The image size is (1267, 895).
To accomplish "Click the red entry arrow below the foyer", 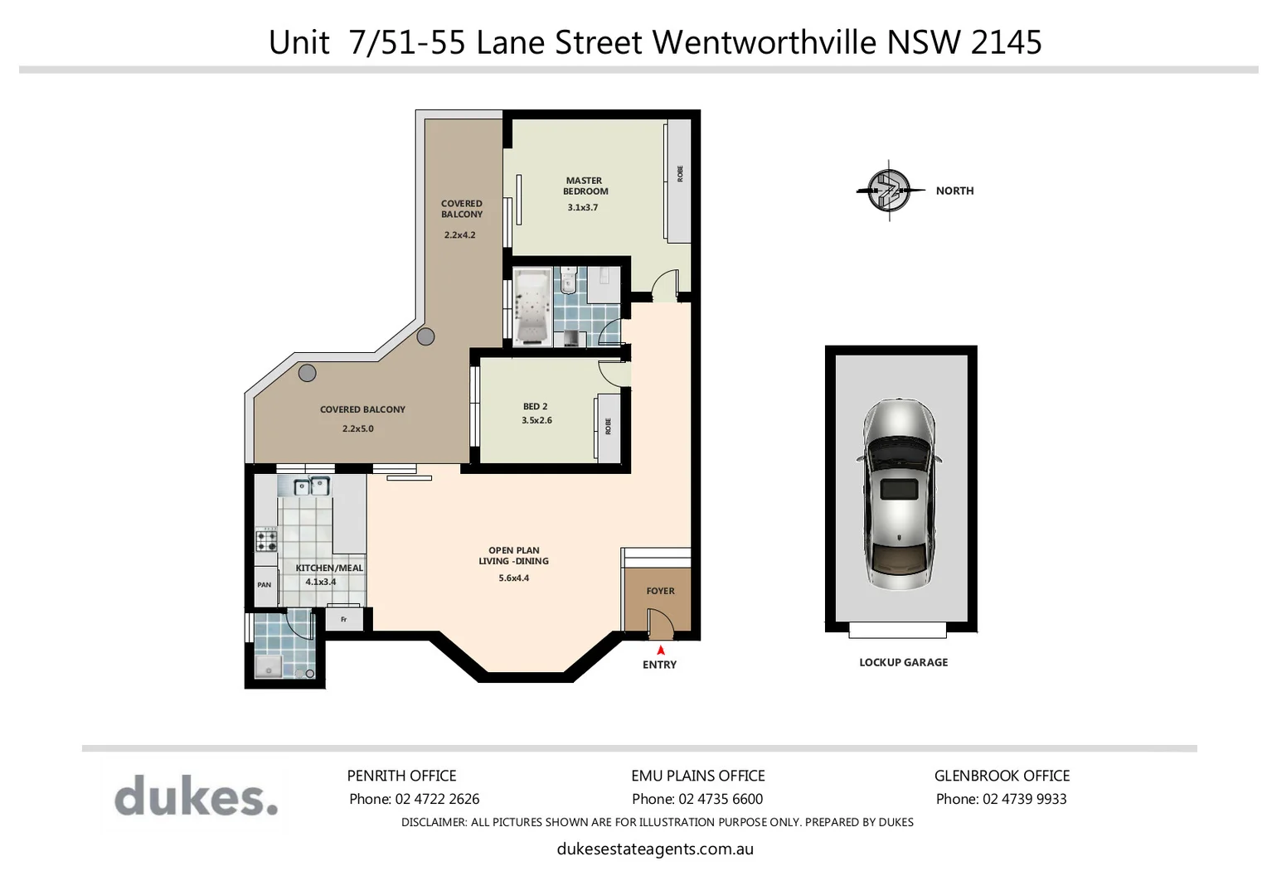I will (x=661, y=651).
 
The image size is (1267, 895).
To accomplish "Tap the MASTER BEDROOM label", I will (x=585, y=186).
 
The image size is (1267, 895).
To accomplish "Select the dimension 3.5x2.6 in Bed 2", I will (x=536, y=420).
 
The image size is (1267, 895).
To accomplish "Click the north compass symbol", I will (x=889, y=191).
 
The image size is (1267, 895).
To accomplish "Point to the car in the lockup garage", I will (x=900, y=495).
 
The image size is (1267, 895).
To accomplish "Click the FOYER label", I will (x=660, y=591).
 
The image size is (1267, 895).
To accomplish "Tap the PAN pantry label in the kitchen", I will (x=264, y=585).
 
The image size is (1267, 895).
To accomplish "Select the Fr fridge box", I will (x=343, y=619).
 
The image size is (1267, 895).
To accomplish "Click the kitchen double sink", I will (x=311, y=486).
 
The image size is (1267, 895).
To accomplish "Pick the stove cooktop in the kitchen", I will (x=266, y=540).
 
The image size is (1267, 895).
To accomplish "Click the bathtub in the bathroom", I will (x=530, y=306).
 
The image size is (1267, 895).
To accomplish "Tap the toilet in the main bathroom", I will (x=568, y=281).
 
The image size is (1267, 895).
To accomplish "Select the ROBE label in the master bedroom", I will (x=680, y=174).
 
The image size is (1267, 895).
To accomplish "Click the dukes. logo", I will (x=196, y=797).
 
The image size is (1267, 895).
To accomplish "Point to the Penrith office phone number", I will (x=414, y=799).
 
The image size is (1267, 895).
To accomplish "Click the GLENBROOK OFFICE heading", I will (x=1002, y=776).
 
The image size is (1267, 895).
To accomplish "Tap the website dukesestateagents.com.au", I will (x=655, y=849).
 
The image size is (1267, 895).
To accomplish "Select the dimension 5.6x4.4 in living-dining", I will (x=513, y=578).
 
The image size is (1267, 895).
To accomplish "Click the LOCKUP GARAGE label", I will (x=903, y=662).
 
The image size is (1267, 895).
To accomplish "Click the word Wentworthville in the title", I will (x=765, y=41).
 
